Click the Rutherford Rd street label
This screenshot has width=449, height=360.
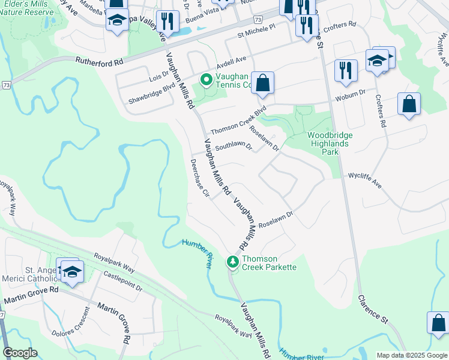[100, 61]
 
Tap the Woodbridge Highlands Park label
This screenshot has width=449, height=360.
[330, 143]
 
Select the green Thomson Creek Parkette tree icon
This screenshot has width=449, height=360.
[233, 262]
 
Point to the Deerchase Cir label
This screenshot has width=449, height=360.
[199, 178]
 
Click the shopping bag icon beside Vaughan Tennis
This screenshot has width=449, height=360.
[263, 83]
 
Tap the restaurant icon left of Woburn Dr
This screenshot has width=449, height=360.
[345, 70]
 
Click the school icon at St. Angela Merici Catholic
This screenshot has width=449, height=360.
[71, 271]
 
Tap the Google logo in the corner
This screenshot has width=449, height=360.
[20, 353]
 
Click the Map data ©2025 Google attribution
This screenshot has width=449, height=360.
[412, 355]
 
